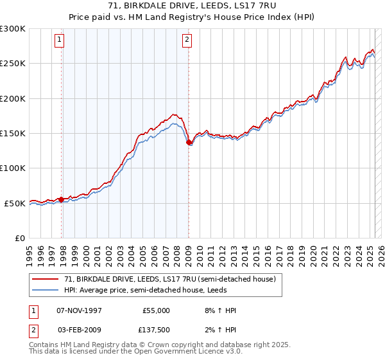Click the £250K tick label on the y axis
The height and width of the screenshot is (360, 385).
pos(13,64)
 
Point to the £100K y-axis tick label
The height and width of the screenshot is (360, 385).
pos(13,168)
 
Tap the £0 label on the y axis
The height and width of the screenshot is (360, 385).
pos(19,238)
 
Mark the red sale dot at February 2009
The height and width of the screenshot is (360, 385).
pos(189,143)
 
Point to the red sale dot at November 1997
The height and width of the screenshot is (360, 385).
pos(62,199)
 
